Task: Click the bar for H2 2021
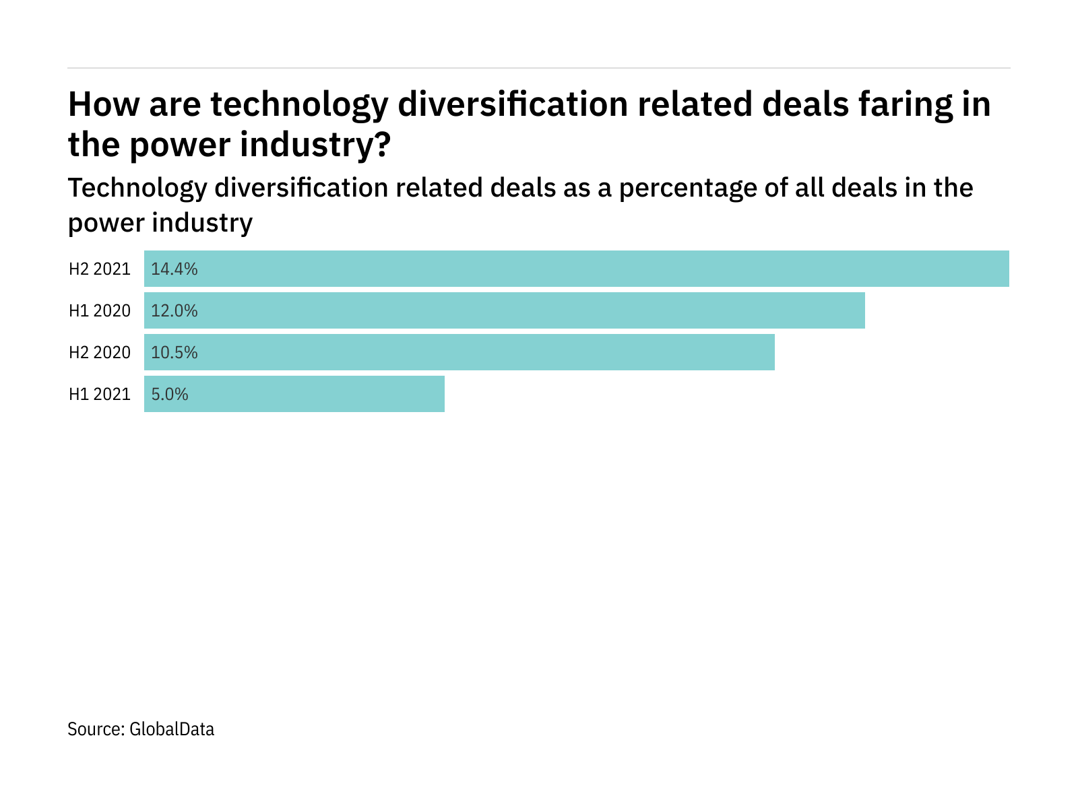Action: coord(576,269)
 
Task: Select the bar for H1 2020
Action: coord(504,310)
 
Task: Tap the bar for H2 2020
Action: coord(459,352)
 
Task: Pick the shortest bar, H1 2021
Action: coord(294,394)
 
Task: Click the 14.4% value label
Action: coord(174,269)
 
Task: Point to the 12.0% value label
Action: coord(174,310)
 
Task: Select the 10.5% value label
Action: coord(174,352)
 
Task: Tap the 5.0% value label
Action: coord(169,394)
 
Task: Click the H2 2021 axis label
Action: coord(99,269)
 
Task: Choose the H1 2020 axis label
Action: coord(99,310)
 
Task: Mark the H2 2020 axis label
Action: coord(99,352)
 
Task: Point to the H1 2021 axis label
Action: coord(99,394)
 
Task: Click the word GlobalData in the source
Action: coord(171,729)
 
